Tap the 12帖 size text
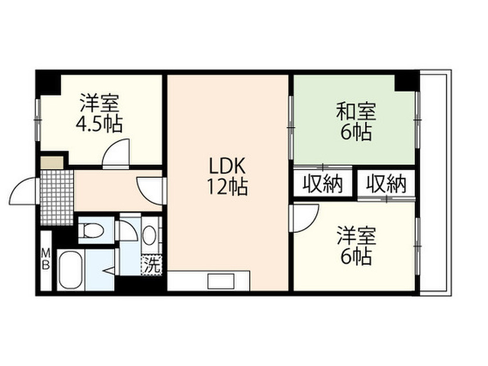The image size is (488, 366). click(x=227, y=188)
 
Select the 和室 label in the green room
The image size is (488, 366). click(x=356, y=112)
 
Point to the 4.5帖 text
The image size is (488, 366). click(x=99, y=124)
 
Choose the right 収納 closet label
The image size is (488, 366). click(x=386, y=184)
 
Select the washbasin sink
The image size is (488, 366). click(x=149, y=235)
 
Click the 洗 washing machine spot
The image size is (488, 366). click(x=152, y=265)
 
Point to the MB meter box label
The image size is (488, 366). click(x=46, y=259)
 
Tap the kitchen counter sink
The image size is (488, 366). click(x=219, y=281)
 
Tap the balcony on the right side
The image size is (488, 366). click(x=435, y=181)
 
